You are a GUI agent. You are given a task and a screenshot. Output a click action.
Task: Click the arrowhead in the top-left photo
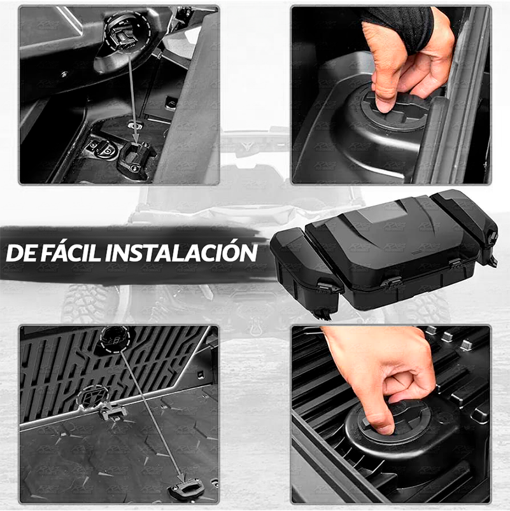pos(136,137)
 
